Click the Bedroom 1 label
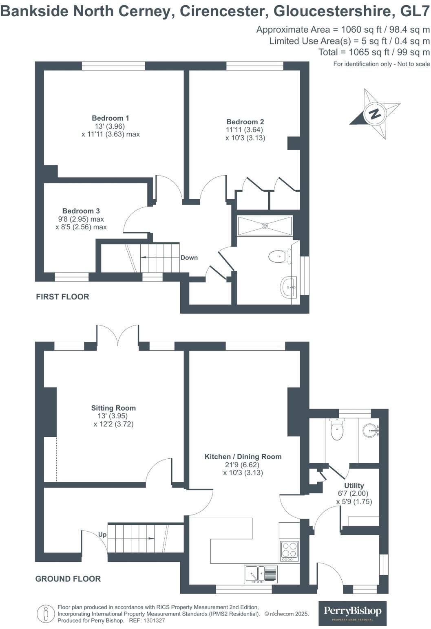pyautogui.click(x=111, y=118)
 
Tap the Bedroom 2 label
pyautogui.click(x=245, y=122)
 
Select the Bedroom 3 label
pyautogui.click(x=81, y=211)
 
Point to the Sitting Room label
pyautogui.click(x=113, y=408)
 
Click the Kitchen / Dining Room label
pyautogui.click(x=243, y=457)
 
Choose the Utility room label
pyautogui.click(x=354, y=486)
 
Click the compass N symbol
pyautogui.click(x=375, y=113)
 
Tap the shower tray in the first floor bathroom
pyautogui.click(x=265, y=225)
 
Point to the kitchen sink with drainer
pyautogui.click(x=261, y=574)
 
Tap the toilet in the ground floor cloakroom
pyautogui.click(x=337, y=429)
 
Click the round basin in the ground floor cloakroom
pyautogui.click(x=370, y=429)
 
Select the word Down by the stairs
pyautogui.click(x=189, y=257)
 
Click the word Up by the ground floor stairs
pyautogui.click(x=102, y=534)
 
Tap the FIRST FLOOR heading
pyautogui.click(x=62, y=297)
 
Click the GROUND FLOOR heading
pyautogui.click(x=68, y=579)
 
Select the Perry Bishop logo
pyautogui.click(x=352, y=612)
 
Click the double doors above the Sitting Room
pyautogui.click(x=117, y=336)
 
